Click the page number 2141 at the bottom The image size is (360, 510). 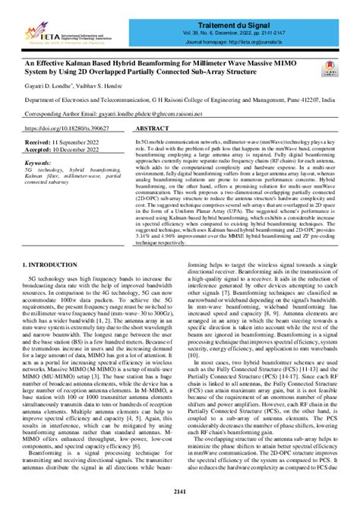pos(179,492)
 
